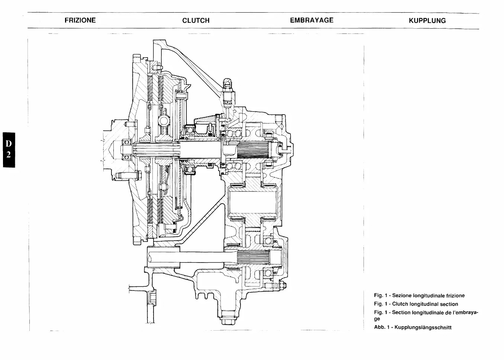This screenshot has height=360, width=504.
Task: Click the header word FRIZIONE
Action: tap(80, 20)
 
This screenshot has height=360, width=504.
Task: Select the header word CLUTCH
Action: tap(196, 21)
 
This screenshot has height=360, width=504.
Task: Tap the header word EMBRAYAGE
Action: tap(311, 20)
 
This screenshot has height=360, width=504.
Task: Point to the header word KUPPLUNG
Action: tap(427, 21)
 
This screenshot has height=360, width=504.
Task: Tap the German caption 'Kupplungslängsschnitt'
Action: tap(423, 328)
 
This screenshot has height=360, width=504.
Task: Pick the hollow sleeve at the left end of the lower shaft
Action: tap(164, 257)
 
